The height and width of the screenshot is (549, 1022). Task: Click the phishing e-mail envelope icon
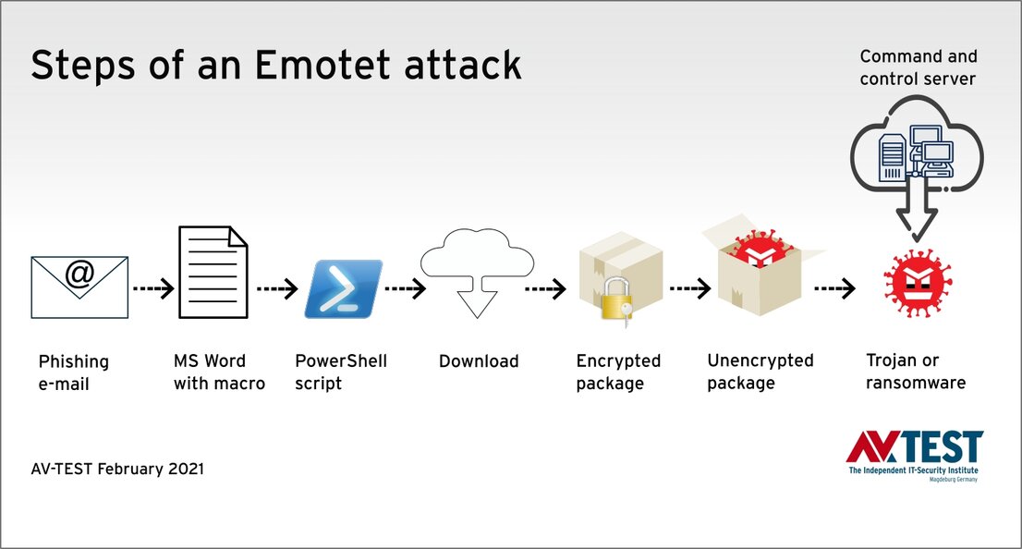pos(79,287)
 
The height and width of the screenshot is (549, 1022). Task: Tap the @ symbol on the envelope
pos(79,274)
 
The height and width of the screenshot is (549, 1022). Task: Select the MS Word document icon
pos(213,274)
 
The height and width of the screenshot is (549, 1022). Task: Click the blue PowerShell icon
pos(343,289)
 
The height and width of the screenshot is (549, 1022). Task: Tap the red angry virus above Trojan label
pos(918,279)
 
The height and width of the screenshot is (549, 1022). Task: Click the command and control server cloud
pos(916,152)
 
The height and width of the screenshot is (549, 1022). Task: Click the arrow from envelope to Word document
pos(152,289)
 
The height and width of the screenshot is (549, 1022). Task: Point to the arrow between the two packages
pos(689,289)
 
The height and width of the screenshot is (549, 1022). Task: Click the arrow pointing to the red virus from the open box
pos(833,289)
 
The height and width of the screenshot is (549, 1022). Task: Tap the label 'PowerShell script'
pos(340,372)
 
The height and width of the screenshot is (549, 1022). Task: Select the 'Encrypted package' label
pos(618,372)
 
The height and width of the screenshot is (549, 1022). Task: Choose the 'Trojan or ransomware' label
pos(915,372)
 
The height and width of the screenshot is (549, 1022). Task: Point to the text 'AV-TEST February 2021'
pos(117,470)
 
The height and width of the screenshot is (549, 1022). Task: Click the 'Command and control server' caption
pos(917,68)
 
